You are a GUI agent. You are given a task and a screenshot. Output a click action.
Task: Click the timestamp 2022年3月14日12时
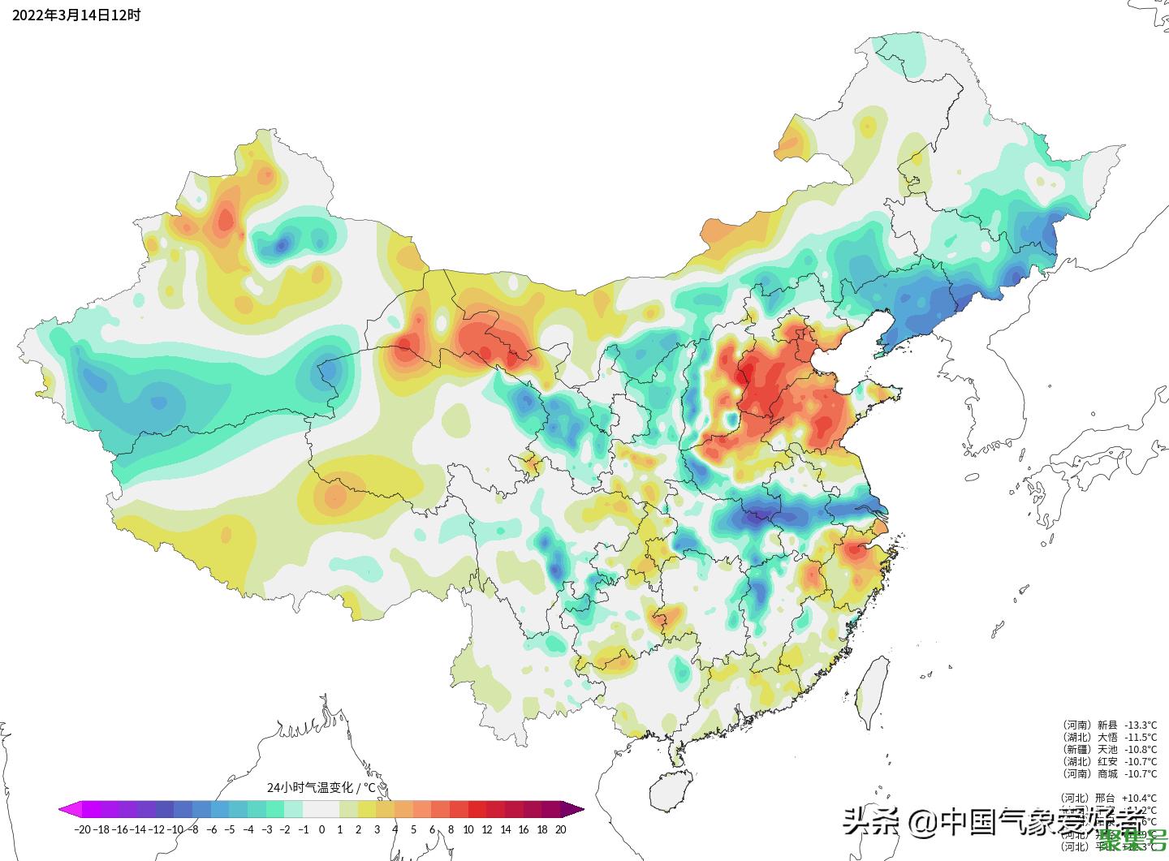[x=76, y=15]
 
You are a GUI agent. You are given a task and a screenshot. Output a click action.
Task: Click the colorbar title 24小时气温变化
[x=321, y=787]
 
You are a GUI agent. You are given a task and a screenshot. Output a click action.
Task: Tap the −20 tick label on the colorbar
[x=81, y=829]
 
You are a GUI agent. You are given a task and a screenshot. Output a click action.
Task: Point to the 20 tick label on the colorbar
[x=560, y=829]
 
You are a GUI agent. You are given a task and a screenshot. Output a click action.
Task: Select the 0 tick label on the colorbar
[x=321, y=829]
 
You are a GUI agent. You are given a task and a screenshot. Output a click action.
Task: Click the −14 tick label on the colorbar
[x=139, y=829]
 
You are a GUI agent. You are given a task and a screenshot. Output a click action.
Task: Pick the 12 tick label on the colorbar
[x=486, y=829]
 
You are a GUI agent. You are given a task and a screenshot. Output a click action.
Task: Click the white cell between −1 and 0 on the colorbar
[x=313, y=809]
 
